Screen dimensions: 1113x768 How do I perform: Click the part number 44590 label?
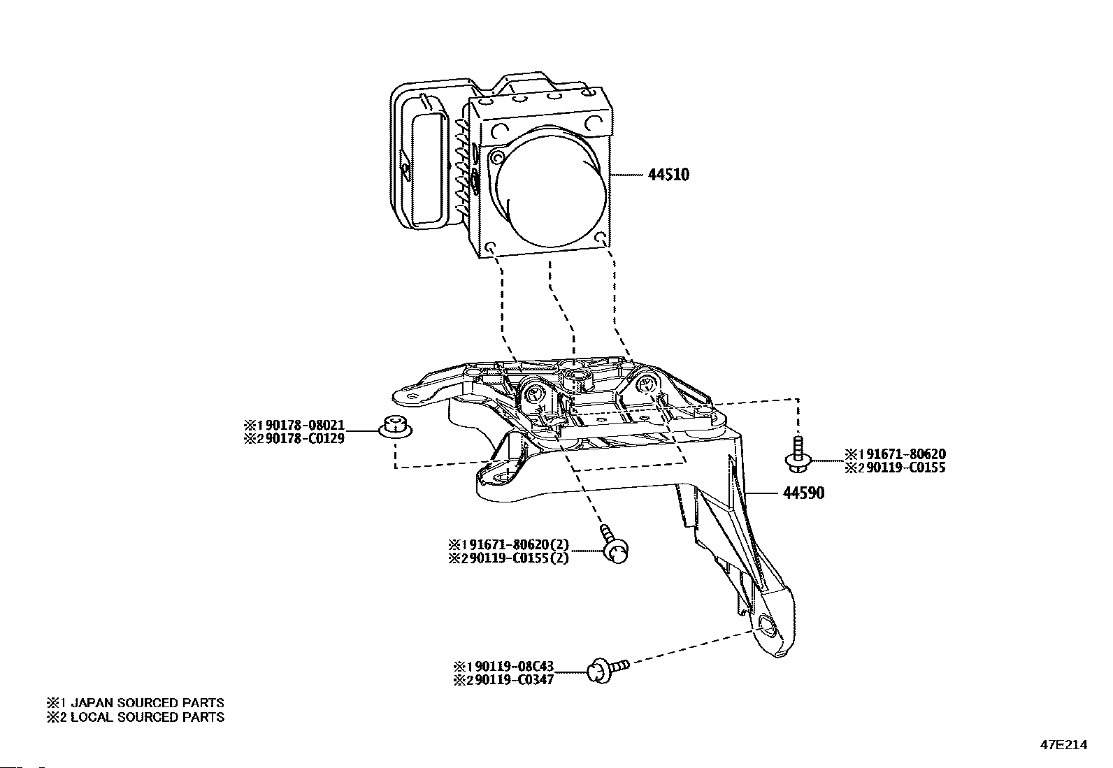[803, 493]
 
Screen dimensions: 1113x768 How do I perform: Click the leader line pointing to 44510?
[627, 174]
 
